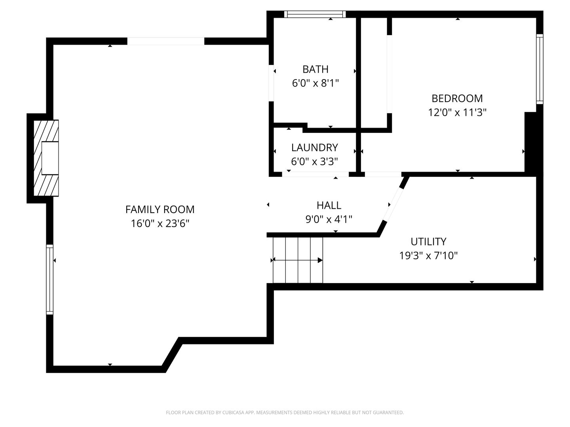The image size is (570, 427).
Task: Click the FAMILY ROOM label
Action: [x=160, y=210]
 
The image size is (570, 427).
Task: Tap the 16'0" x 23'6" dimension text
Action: [x=160, y=223]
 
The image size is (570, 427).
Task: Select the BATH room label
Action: [x=315, y=69]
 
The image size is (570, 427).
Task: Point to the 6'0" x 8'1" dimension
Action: [x=315, y=83]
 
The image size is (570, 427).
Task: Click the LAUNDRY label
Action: [x=314, y=147]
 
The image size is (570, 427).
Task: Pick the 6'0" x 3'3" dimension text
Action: [x=314, y=162]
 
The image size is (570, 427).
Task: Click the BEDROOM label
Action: [x=457, y=98]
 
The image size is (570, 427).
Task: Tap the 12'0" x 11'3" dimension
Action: [x=457, y=113]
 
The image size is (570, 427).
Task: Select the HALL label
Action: [x=329, y=206]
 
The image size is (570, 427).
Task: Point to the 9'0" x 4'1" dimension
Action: [x=329, y=219]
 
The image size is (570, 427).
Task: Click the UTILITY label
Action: [x=428, y=242]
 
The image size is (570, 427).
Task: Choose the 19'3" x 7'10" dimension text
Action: [x=428, y=256]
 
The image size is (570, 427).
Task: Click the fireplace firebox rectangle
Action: [x=50, y=158]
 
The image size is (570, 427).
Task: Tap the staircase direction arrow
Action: [x=298, y=260]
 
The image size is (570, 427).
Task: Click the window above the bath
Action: [x=315, y=14]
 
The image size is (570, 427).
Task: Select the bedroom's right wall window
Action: [x=540, y=69]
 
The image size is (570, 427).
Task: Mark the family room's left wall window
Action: [x=49, y=280]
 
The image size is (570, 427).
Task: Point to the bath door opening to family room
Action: [x=271, y=83]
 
